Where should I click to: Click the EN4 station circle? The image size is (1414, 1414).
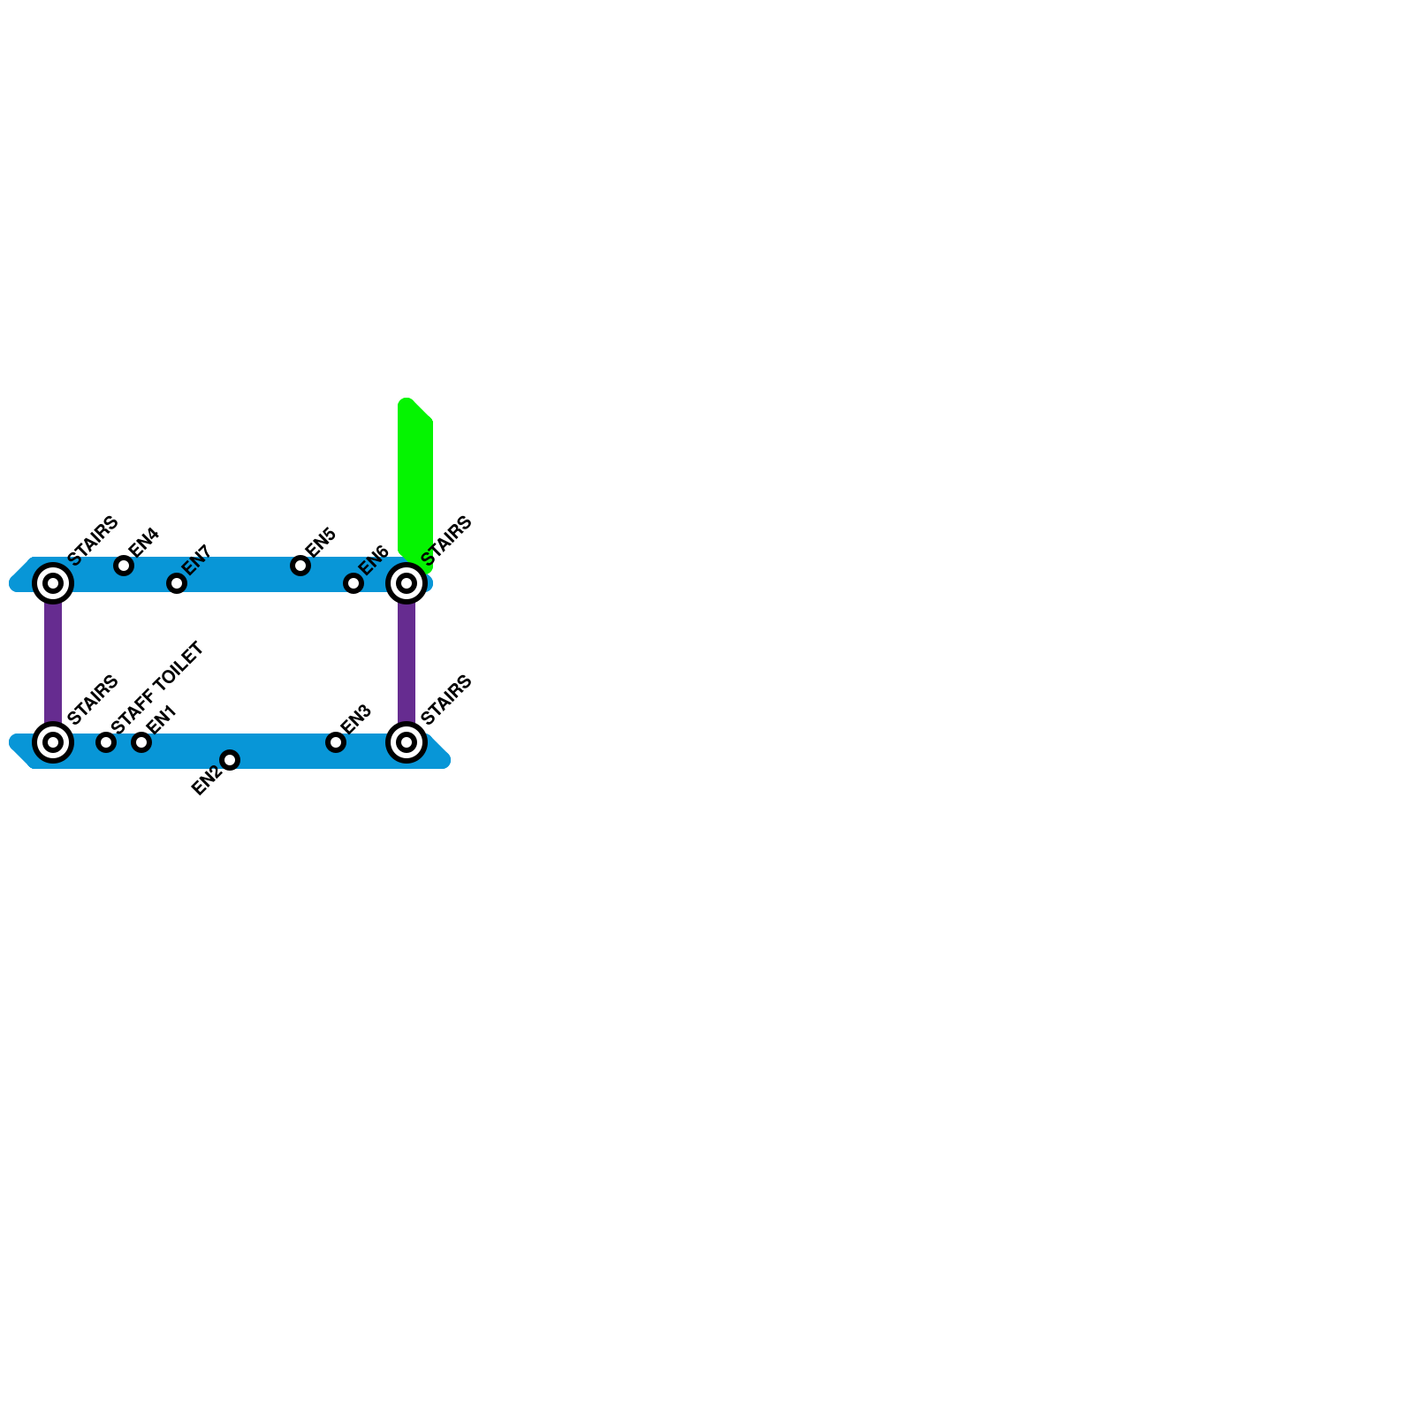click(124, 566)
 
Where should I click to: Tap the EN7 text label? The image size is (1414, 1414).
click(196, 559)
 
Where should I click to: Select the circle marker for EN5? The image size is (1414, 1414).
click(300, 566)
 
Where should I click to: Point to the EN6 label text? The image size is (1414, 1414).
click(374, 559)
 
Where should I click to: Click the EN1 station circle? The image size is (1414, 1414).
click(141, 742)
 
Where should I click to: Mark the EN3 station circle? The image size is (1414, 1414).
click(336, 742)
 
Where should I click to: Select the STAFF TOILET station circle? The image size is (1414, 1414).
click(106, 742)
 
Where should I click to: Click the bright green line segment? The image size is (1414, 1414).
click(414, 477)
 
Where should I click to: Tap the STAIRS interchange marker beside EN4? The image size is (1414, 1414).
click(53, 583)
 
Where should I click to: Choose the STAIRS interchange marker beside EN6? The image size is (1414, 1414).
click(407, 583)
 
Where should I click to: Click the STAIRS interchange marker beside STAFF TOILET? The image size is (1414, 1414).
click(53, 742)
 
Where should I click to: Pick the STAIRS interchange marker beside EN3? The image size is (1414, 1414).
click(407, 742)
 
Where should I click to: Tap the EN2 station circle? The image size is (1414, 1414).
click(230, 760)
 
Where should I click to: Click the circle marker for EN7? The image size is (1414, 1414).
click(177, 583)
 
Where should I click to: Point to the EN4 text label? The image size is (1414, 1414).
click(143, 542)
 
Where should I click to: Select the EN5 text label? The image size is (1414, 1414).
click(320, 542)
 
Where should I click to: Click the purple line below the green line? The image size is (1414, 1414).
click(407, 663)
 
